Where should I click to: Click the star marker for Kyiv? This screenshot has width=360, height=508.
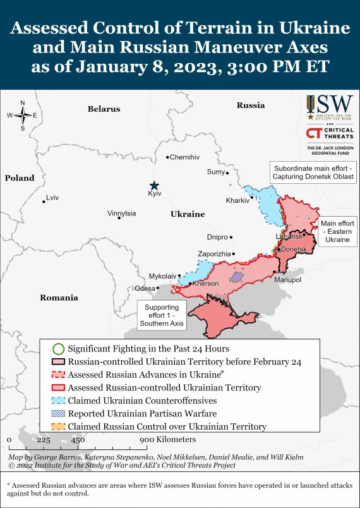click(154, 184)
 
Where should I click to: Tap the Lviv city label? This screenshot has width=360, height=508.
click(52, 198)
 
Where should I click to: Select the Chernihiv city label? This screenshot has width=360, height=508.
click(184, 157)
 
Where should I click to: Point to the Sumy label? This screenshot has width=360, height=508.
click(215, 172)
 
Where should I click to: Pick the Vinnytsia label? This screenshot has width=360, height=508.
click(122, 214)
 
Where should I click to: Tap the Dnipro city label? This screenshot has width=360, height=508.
click(217, 238)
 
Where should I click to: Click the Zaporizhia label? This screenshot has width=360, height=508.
click(214, 253)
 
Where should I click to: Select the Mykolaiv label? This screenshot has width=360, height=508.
click(162, 276)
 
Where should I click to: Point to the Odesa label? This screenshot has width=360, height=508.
click(145, 288)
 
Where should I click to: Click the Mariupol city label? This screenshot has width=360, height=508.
click(287, 279)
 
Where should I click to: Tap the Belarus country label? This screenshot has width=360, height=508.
click(104, 109)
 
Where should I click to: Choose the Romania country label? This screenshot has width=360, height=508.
click(59, 298)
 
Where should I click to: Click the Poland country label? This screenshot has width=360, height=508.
click(20, 178)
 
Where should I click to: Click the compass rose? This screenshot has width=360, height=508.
click(23, 115)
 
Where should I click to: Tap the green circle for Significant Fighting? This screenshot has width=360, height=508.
click(58, 348)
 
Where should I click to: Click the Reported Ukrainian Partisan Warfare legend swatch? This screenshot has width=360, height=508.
click(58, 413)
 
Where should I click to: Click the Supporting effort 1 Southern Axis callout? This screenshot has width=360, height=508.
click(162, 314)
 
